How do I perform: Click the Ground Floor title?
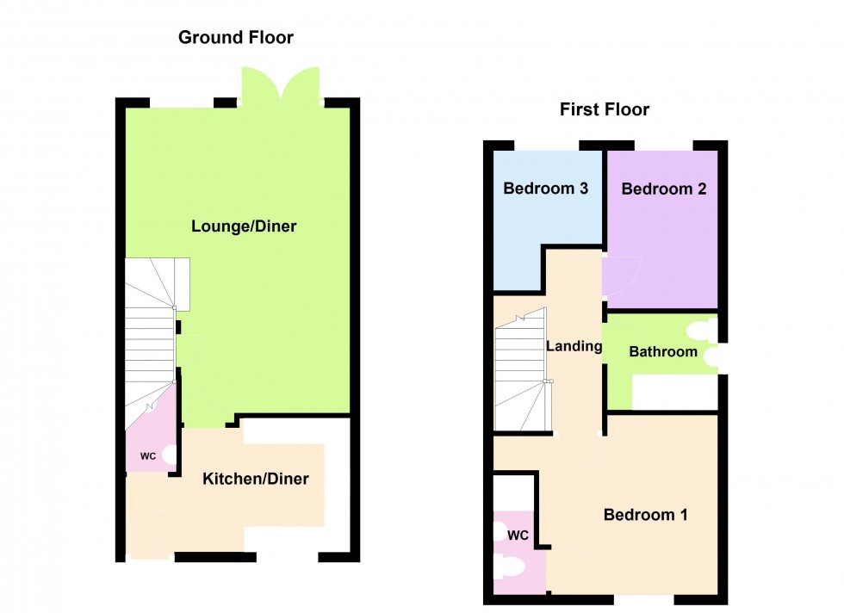point(235,38)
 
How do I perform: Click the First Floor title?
point(604,109)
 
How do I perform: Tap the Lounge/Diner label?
point(244,226)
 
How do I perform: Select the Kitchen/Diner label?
point(255,479)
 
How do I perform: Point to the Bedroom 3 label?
point(546,189)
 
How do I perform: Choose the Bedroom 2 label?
point(664,189)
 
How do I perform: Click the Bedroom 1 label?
point(645,515)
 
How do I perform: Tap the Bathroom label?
point(662,351)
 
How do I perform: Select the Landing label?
point(574,346)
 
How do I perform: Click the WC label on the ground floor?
point(148,456)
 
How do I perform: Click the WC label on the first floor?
point(518,536)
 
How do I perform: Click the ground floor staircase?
point(151,344)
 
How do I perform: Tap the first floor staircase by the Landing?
point(521,370)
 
